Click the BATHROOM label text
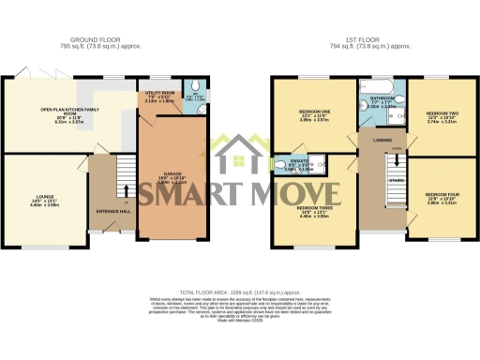(x=382, y=97)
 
